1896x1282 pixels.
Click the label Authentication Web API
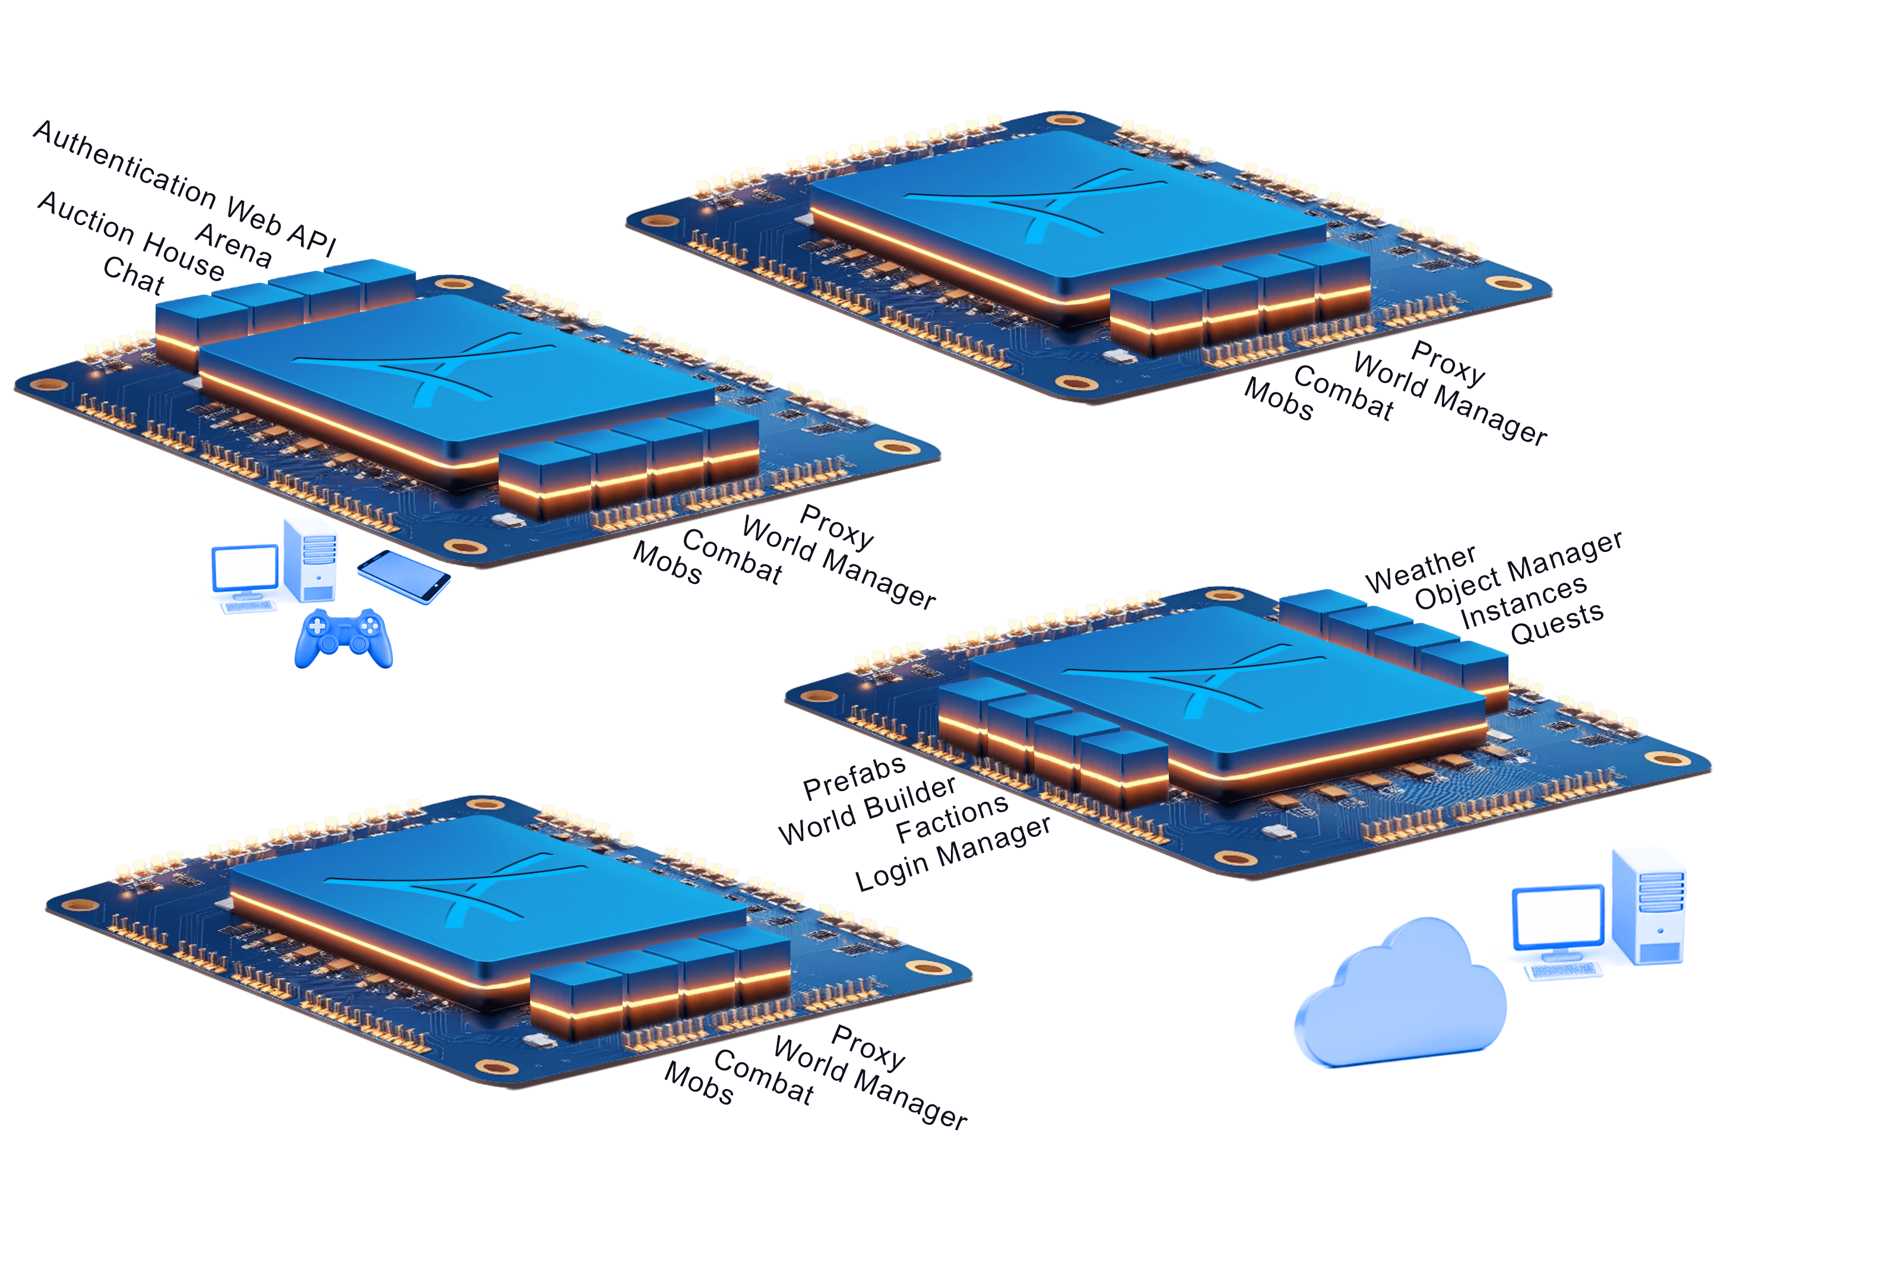tap(185, 188)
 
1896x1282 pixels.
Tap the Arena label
tap(233, 245)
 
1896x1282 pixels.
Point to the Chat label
tap(134, 275)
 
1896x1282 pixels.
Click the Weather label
tap(1421, 569)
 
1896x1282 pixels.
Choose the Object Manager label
tap(1518, 569)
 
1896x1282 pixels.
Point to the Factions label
tap(952, 818)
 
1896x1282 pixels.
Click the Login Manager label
tap(953, 853)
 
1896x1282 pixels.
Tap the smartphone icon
tap(404, 576)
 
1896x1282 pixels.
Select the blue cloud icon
tap(1400, 992)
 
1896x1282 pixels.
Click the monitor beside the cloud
tap(1558, 923)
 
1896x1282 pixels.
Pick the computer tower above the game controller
tap(310, 560)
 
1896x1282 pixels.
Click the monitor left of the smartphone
tap(245, 573)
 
